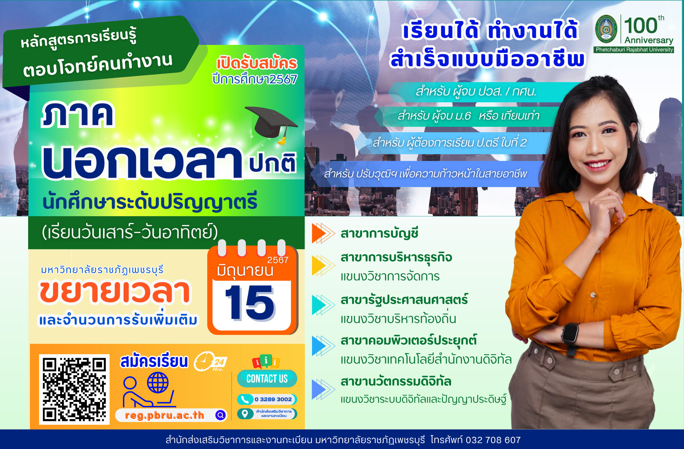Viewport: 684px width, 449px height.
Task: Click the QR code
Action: pos(74,389)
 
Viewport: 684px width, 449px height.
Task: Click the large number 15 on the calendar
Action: pos(250,303)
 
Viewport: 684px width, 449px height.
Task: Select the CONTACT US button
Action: pos(267,379)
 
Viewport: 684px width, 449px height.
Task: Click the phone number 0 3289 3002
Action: pos(273,399)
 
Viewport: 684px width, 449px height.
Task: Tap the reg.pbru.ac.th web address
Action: pos(165,415)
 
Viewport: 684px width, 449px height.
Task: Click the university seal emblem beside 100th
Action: pos(606,29)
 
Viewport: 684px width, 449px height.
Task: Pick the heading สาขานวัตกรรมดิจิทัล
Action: pos(396,382)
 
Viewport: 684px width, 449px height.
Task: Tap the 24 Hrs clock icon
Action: pos(210,361)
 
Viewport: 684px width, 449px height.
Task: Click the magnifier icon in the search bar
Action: pos(221,415)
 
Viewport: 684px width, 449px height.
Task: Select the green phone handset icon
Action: pos(245,399)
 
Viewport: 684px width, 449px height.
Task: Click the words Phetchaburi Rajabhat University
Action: pos(634,50)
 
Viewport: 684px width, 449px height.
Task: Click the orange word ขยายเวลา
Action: pos(115,292)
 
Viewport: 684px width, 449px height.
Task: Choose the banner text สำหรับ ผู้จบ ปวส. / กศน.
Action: pos(476,92)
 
